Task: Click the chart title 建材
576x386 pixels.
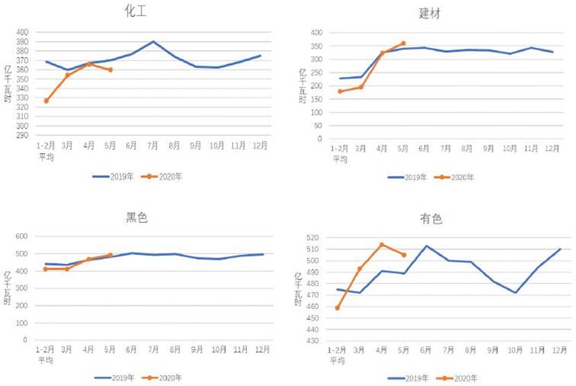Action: pyautogui.click(x=430, y=13)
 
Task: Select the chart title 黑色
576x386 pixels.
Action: pyautogui.click(x=138, y=218)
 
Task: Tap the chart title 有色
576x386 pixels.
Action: pyautogui.click(x=431, y=219)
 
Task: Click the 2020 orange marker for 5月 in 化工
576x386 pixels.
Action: pyautogui.click(x=110, y=69)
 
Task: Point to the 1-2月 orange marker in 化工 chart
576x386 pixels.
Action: pyautogui.click(x=46, y=101)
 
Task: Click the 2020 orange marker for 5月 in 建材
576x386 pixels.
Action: pyautogui.click(x=403, y=43)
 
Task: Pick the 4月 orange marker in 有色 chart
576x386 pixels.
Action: pyautogui.click(x=382, y=244)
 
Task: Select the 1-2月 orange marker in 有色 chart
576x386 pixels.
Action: pyautogui.click(x=338, y=308)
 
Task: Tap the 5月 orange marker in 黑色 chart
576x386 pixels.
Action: pyautogui.click(x=110, y=255)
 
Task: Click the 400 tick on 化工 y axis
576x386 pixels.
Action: pyautogui.click(x=22, y=32)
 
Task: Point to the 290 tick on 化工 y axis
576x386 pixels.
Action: pyautogui.click(x=22, y=135)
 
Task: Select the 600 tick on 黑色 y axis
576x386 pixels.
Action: pyautogui.click(x=21, y=236)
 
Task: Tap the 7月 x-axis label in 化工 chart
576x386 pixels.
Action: pyautogui.click(x=153, y=146)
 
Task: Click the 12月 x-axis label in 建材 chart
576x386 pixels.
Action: pyautogui.click(x=552, y=149)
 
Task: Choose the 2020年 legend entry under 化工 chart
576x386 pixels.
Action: pyautogui.click(x=162, y=176)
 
